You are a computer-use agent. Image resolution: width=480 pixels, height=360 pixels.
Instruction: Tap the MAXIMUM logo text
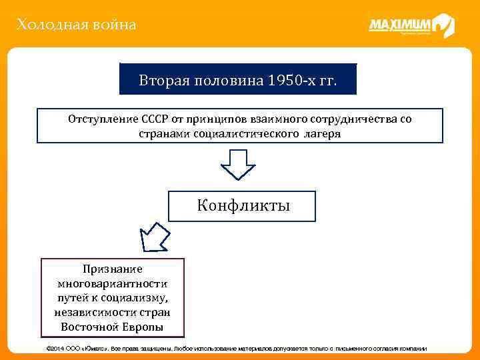[x=399, y=25]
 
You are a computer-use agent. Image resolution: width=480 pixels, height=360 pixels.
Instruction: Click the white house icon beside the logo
[x=443, y=25]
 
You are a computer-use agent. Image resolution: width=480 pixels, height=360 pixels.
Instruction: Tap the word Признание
[x=112, y=269]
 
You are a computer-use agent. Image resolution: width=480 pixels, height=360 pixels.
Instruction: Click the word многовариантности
[x=112, y=283]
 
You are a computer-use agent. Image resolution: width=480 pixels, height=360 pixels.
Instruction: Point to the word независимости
[x=89, y=312]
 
